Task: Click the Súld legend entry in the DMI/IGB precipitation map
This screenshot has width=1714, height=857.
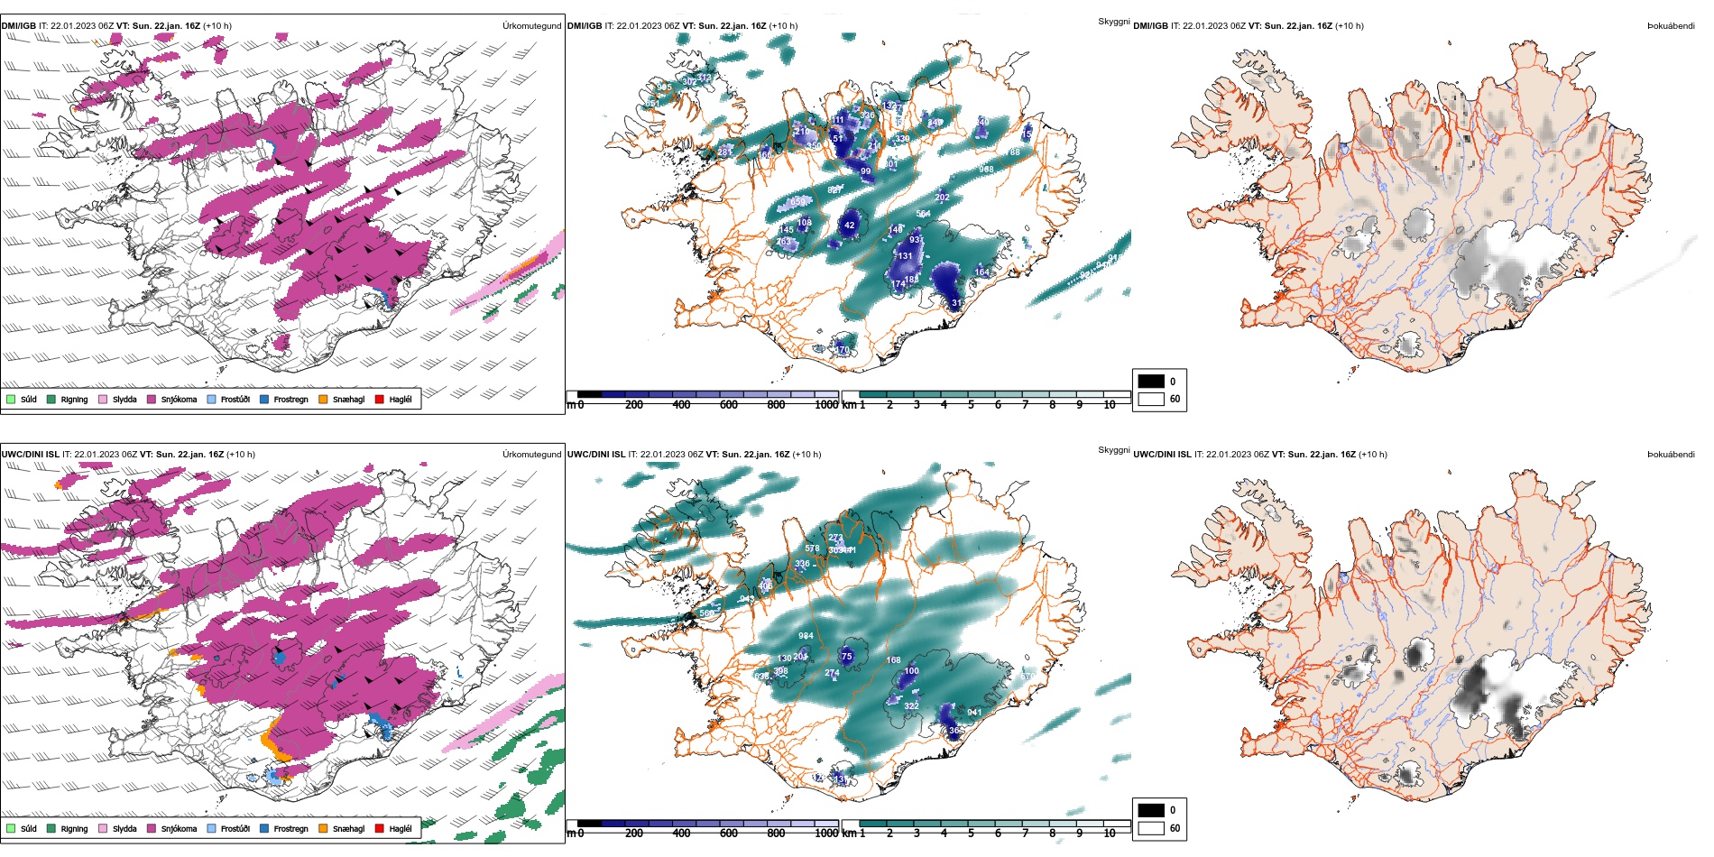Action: [x=22, y=399]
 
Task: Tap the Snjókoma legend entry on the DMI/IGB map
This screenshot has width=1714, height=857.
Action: [x=171, y=399]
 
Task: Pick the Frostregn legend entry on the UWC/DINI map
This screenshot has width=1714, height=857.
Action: [x=283, y=828]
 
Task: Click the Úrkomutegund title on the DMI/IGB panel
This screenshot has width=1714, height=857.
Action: [x=531, y=26]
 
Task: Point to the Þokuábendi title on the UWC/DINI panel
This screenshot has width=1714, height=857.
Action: [x=1671, y=455]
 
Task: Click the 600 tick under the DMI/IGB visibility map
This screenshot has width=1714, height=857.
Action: [x=728, y=405]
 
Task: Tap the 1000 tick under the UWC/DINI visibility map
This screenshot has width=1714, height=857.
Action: [x=825, y=834]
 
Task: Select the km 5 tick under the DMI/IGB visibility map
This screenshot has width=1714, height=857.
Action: [x=971, y=405]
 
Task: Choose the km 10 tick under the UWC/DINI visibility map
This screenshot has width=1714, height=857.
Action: [x=1110, y=834]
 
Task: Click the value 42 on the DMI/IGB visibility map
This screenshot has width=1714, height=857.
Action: [x=850, y=226]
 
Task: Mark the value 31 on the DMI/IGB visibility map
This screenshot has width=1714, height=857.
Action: [x=956, y=303]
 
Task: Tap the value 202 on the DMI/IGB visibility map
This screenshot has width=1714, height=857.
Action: [x=942, y=198]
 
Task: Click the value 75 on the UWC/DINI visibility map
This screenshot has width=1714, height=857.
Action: [x=847, y=657]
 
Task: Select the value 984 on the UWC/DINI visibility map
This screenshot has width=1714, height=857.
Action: [x=806, y=636]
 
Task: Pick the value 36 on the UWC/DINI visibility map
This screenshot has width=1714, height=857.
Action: [x=954, y=731]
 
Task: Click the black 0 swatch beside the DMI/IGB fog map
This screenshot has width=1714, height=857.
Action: [x=1151, y=381]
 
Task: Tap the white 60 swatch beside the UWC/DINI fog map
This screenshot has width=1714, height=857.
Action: [x=1151, y=828]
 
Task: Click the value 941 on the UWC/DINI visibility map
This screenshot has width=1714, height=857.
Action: [x=974, y=713]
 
